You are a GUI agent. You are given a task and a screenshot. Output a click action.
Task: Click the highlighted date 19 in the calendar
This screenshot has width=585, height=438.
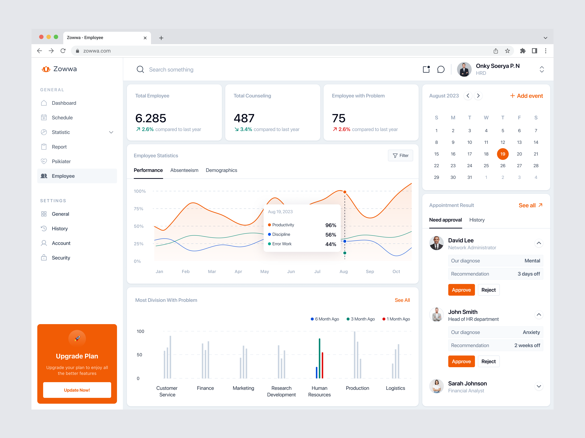click(x=503, y=154)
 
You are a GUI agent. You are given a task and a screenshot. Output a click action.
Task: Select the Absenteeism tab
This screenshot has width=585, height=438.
click(x=184, y=170)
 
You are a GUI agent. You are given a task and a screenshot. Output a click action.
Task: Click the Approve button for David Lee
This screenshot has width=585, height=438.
click(x=461, y=290)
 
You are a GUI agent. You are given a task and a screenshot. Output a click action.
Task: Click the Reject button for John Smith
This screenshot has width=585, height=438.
click(x=488, y=361)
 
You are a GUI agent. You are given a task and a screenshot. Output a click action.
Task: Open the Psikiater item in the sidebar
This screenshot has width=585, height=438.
click(x=61, y=161)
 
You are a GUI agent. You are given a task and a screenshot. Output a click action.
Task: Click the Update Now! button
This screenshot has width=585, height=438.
click(x=77, y=390)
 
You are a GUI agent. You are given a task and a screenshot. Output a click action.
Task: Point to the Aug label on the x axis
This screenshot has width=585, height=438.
click(x=344, y=271)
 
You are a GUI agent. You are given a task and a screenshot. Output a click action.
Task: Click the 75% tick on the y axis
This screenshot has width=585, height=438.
click(x=139, y=209)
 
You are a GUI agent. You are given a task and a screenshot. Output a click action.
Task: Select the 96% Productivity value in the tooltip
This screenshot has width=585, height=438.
click(x=331, y=225)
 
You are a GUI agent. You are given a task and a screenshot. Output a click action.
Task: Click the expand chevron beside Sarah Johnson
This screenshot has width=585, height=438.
click(x=539, y=386)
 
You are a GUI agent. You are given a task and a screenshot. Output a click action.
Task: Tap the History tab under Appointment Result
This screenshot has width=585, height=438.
click(x=477, y=220)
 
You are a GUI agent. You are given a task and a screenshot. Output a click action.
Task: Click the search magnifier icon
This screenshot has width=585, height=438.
click(x=140, y=69)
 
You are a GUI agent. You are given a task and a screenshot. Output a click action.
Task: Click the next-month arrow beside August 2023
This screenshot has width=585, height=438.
click(x=478, y=96)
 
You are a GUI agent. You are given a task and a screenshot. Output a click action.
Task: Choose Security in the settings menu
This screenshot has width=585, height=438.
click(x=61, y=258)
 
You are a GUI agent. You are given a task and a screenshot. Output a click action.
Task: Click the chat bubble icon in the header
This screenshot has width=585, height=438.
click(x=441, y=69)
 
